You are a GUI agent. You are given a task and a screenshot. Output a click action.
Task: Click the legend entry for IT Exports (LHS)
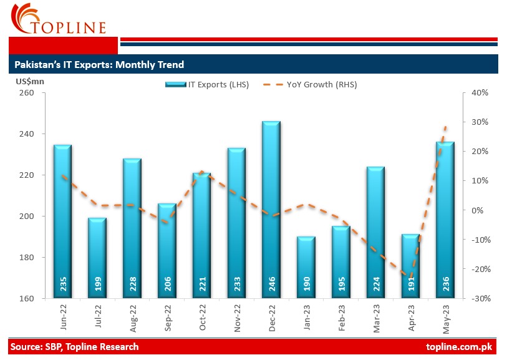click(x=207, y=85)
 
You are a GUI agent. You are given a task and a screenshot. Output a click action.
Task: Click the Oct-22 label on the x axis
click(x=202, y=318)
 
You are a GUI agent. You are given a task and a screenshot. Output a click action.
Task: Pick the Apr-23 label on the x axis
click(x=411, y=318)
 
